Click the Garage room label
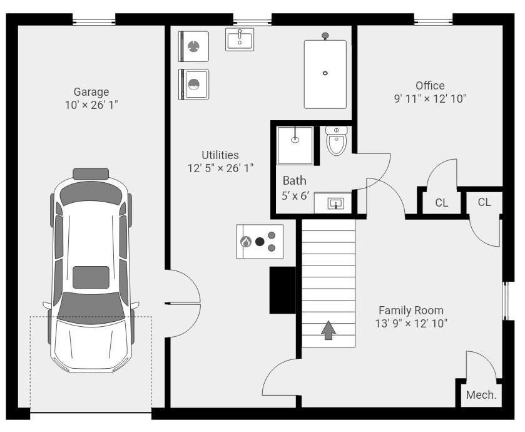tap(91, 92)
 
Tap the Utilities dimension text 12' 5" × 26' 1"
tap(220, 168)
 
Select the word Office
tap(430, 86)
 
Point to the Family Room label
tap(411, 311)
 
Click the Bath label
tap(294, 181)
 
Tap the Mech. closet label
tap(481, 395)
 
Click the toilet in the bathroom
tap(337, 141)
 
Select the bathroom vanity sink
tap(335, 203)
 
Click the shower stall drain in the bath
tap(295, 140)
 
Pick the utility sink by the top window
tap(240, 39)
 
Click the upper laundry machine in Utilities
tap(193, 46)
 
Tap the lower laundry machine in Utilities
tap(193, 85)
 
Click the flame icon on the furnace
tap(246, 242)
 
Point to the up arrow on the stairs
tap(329, 330)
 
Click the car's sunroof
tap(91, 277)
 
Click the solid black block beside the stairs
tap(283, 290)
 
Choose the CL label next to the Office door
tap(442, 203)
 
